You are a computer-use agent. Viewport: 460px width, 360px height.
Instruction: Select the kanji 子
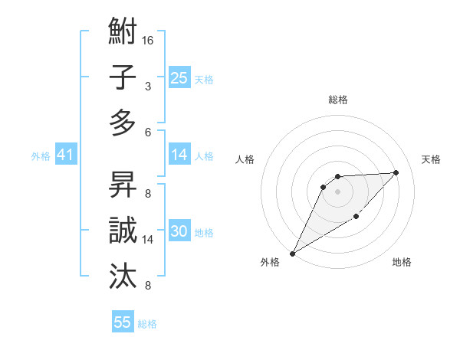(x=123, y=77)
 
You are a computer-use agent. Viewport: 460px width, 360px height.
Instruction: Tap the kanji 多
(x=123, y=122)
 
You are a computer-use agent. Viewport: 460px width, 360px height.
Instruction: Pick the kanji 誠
(x=123, y=229)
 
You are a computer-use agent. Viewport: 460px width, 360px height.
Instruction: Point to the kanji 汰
(x=123, y=273)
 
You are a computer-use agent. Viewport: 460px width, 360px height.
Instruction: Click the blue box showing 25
(x=179, y=77)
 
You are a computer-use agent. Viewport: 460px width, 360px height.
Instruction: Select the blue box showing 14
(x=179, y=155)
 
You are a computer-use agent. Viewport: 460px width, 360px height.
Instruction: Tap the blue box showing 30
(x=179, y=231)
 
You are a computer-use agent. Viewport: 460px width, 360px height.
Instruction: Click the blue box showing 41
(x=65, y=155)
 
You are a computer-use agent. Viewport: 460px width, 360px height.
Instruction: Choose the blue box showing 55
(x=123, y=322)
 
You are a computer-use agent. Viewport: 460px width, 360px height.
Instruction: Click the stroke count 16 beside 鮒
(x=149, y=39)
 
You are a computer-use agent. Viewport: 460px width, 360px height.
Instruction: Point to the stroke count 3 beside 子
(x=147, y=86)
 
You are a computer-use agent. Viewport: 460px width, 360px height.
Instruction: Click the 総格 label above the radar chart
(x=337, y=100)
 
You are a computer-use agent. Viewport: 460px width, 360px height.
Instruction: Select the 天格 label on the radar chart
(x=431, y=159)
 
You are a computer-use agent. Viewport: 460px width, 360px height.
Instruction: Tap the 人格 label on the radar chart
(x=245, y=159)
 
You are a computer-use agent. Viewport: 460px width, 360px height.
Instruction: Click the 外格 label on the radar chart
(x=270, y=262)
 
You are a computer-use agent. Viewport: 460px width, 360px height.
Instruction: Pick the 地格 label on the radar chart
(x=402, y=262)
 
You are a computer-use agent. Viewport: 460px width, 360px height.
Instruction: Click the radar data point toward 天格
(x=396, y=172)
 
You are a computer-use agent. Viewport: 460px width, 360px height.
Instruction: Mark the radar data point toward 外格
(x=292, y=254)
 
